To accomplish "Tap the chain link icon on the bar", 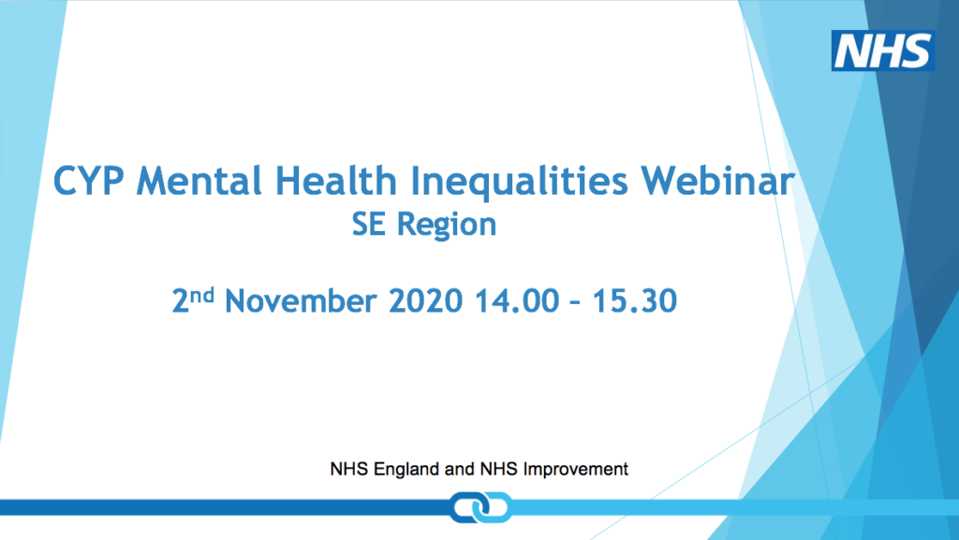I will point(479,507).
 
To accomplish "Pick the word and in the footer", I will point(459,469).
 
